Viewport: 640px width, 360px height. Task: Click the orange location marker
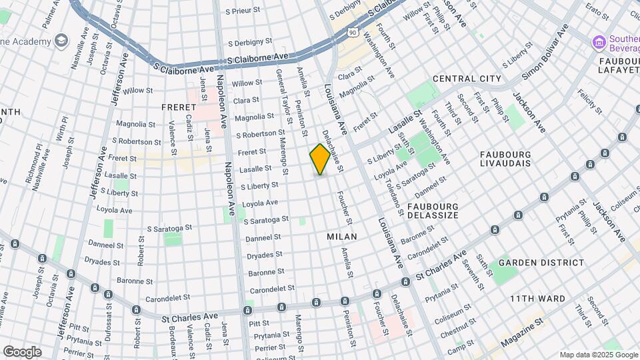320,159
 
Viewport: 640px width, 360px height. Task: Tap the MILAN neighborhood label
342,237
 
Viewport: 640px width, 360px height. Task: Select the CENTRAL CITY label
467,79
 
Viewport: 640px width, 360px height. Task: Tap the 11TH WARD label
538,299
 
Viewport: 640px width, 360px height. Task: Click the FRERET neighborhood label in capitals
177,107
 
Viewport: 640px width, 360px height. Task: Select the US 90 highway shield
352,31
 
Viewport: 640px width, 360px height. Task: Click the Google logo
22,351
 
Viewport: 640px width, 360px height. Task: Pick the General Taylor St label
284,97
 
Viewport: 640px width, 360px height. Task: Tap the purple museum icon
599,43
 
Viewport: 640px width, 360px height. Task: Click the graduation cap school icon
61,41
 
